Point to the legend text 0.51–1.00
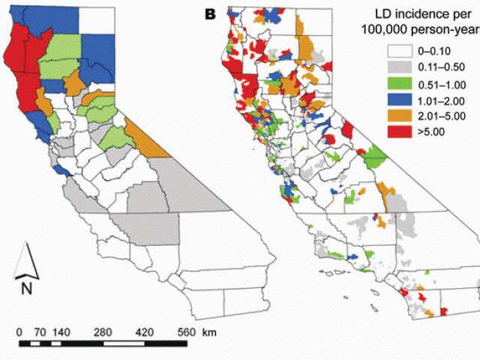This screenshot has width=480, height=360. point(442,83)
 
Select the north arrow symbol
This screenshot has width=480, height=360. point(25,260)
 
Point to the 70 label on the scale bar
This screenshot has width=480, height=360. point(41,331)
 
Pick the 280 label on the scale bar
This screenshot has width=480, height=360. point(103,331)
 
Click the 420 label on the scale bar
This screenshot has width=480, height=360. point(145,331)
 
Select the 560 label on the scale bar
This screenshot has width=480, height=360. point(186,331)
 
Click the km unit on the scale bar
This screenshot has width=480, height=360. point(208,331)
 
